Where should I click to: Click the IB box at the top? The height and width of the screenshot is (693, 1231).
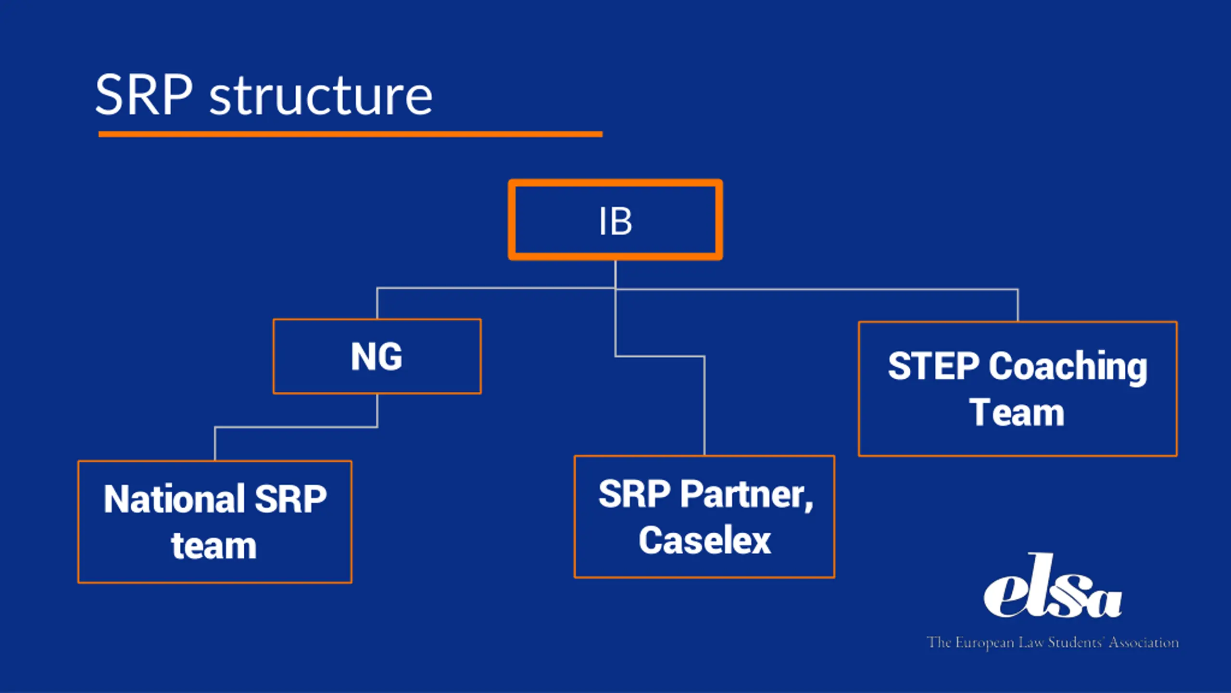pyautogui.click(x=615, y=220)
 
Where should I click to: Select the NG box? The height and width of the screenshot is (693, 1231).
pyautogui.click(x=377, y=357)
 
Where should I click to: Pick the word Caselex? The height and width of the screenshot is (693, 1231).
pyautogui.click(x=704, y=540)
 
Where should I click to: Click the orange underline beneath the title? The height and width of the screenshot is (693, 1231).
pyautogui.click(x=351, y=134)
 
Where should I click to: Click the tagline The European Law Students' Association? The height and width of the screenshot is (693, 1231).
pyautogui.click(x=1053, y=642)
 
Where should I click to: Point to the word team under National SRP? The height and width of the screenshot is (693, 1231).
pyautogui.click(x=214, y=547)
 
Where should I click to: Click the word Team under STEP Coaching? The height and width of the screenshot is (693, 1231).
pyautogui.click(x=1017, y=413)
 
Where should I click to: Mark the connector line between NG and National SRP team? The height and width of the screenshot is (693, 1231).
pyautogui.click(x=296, y=427)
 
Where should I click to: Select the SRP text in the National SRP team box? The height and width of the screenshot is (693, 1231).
pyautogui.click(x=290, y=499)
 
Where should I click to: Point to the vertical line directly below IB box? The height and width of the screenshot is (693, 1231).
pyautogui.click(x=615, y=275)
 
